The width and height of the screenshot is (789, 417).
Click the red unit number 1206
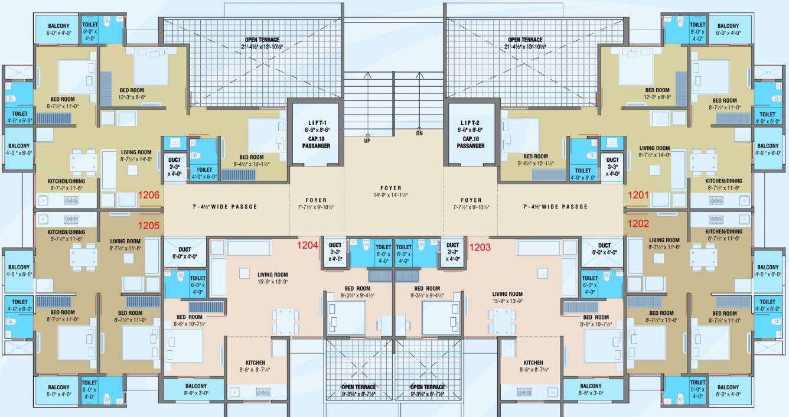[149, 194]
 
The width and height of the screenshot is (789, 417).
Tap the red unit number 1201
[638, 194]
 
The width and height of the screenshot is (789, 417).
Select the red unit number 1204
[308, 245]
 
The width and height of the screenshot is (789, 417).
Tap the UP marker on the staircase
[367, 141]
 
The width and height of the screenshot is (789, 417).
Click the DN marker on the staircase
[419, 133]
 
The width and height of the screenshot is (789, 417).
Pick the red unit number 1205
[149, 225]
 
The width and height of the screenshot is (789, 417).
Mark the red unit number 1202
[638, 224]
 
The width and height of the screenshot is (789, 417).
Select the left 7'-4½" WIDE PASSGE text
[224, 207]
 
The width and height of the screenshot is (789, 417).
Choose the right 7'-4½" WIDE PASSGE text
[555, 207]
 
